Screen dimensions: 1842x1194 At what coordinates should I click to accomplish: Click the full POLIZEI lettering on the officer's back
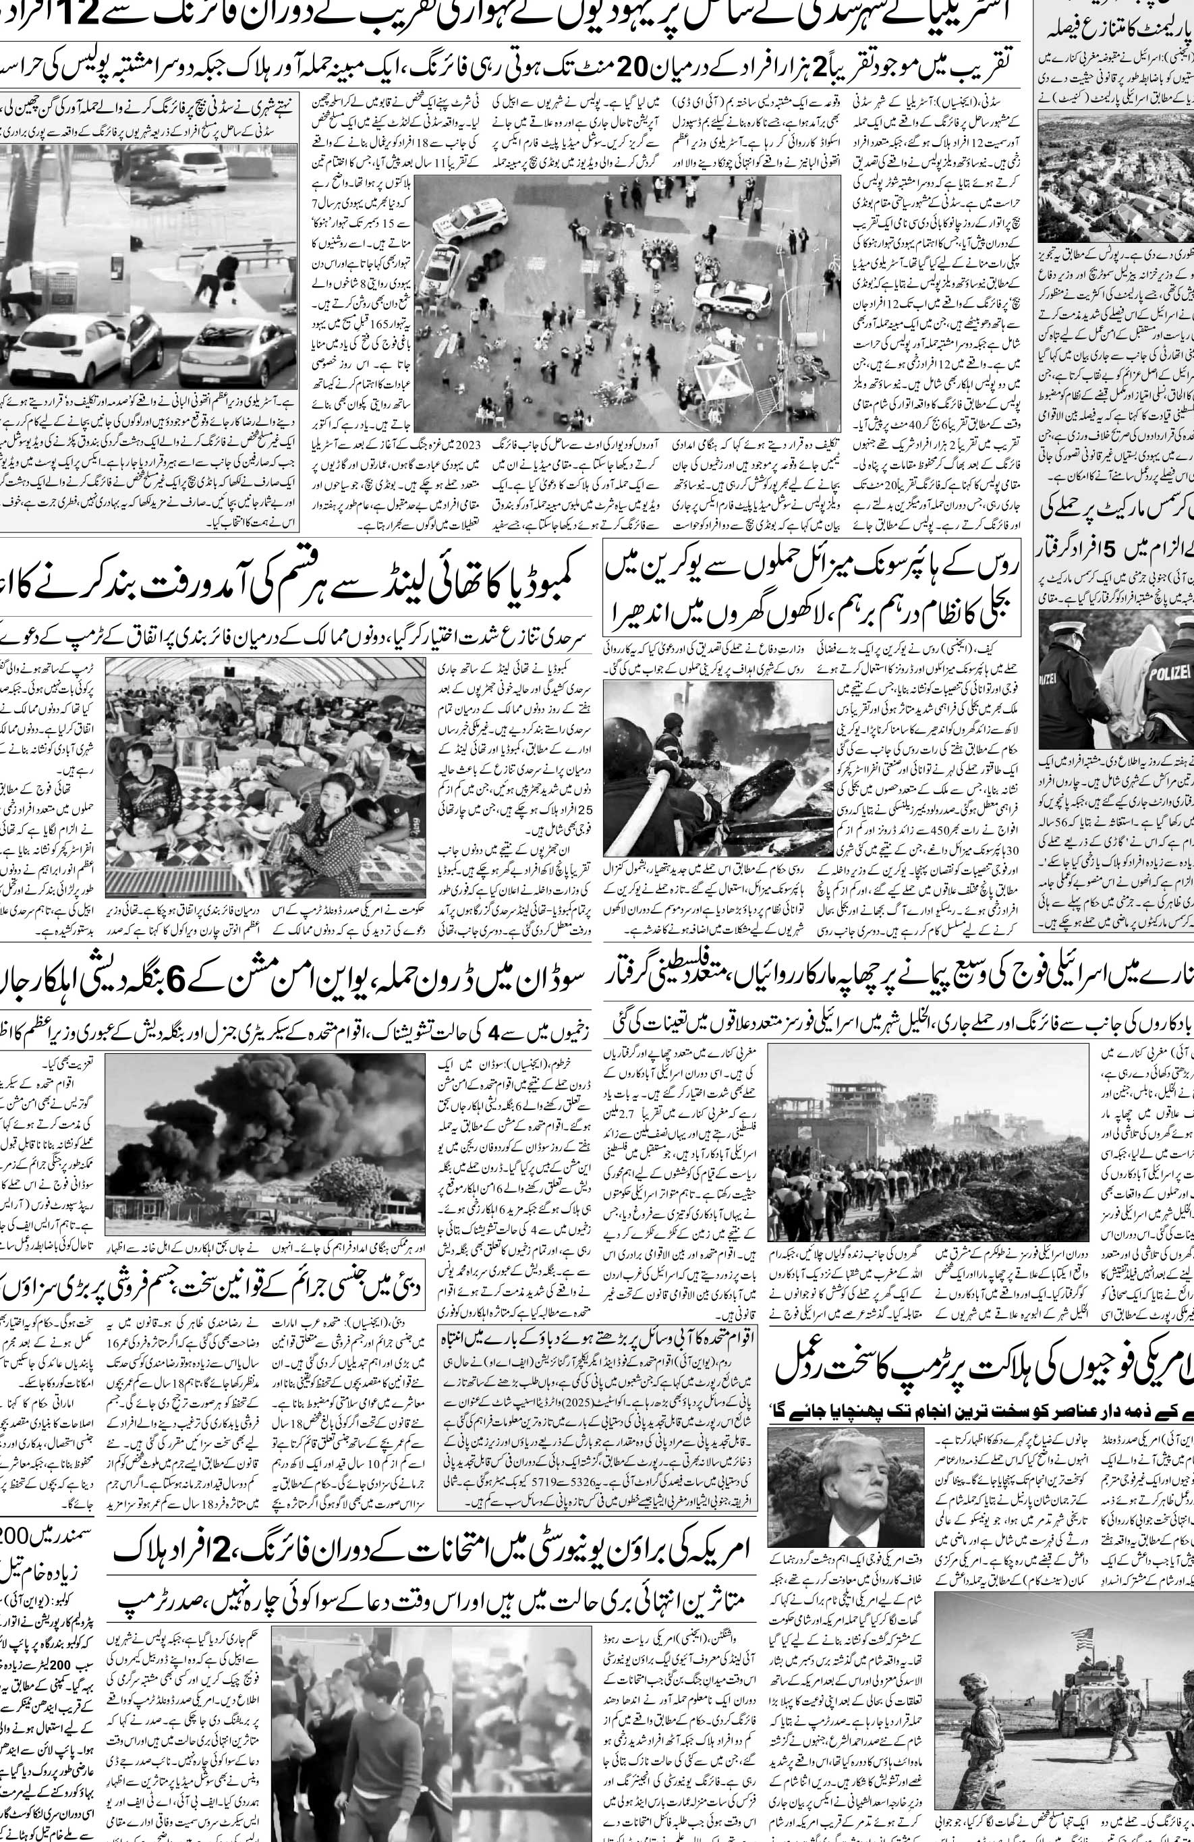click(1172, 673)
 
